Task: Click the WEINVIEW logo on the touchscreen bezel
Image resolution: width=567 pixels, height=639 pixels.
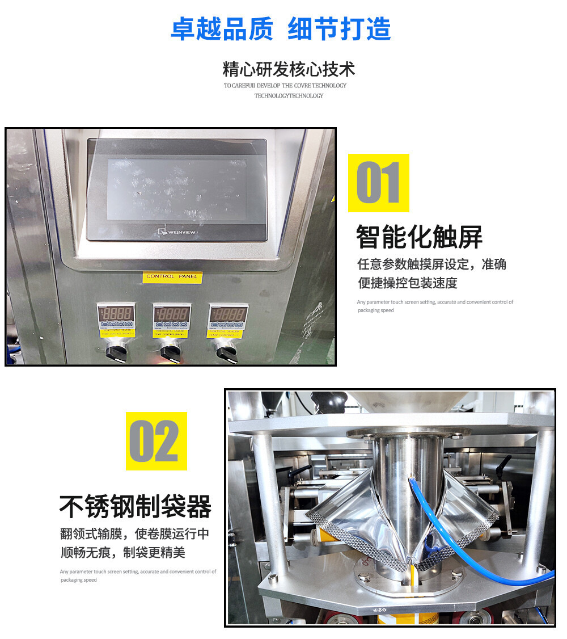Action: click(x=177, y=231)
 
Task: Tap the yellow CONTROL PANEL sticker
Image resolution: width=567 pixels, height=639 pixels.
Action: click(x=172, y=276)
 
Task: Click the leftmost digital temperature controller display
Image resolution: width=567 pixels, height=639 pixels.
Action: click(x=116, y=313)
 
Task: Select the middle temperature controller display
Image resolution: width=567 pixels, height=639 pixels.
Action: click(x=172, y=313)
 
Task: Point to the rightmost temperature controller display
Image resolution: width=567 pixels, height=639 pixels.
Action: click(x=227, y=313)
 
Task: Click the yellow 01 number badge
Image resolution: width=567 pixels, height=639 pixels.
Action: click(x=378, y=183)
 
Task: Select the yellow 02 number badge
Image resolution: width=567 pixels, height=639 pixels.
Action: click(x=156, y=441)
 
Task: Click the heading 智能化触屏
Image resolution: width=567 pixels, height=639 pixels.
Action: click(x=419, y=237)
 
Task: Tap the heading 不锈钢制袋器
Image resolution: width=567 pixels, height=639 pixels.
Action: click(x=136, y=506)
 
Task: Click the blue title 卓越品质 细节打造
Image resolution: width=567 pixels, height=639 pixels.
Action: click(x=281, y=28)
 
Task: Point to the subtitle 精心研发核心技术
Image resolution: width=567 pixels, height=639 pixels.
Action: click(x=289, y=69)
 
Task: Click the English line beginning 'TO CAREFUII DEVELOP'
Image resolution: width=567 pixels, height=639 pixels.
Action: click(x=285, y=86)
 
